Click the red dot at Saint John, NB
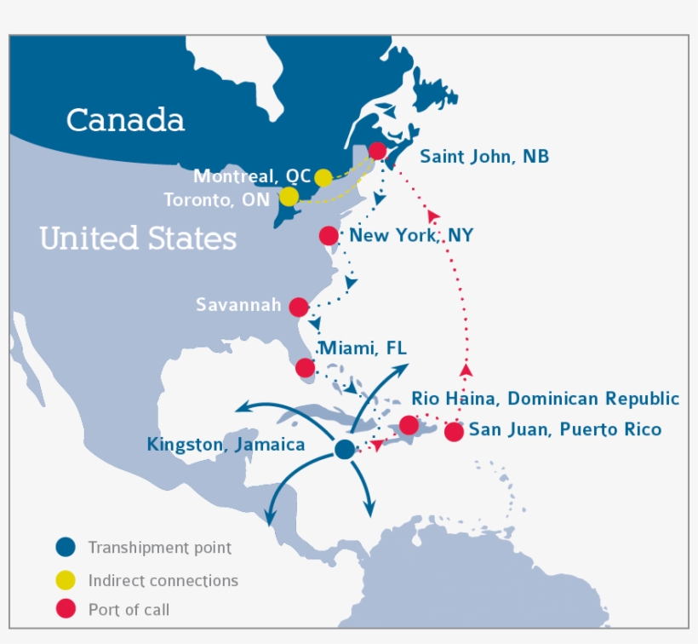click(378, 152)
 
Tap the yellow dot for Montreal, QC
click(323, 177)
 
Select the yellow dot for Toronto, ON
click(289, 197)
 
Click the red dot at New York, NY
click(329, 236)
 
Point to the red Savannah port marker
click(299, 307)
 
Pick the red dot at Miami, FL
click(305, 368)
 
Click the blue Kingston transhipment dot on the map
click(344, 449)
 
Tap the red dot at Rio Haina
click(409, 424)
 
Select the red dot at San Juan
click(455, 431)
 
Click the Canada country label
click(125, 120)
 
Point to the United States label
click(138, 238)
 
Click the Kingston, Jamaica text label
click(226, 445)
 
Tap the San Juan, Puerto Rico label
click(564, 429)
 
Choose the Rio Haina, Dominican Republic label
click(545, 399)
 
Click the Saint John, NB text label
click(484, 157)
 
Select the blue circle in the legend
click(66, 547)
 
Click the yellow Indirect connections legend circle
click(66, 580)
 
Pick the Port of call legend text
click(129, 610)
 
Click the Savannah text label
click(238, 305)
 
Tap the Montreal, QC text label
click(252, 176)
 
